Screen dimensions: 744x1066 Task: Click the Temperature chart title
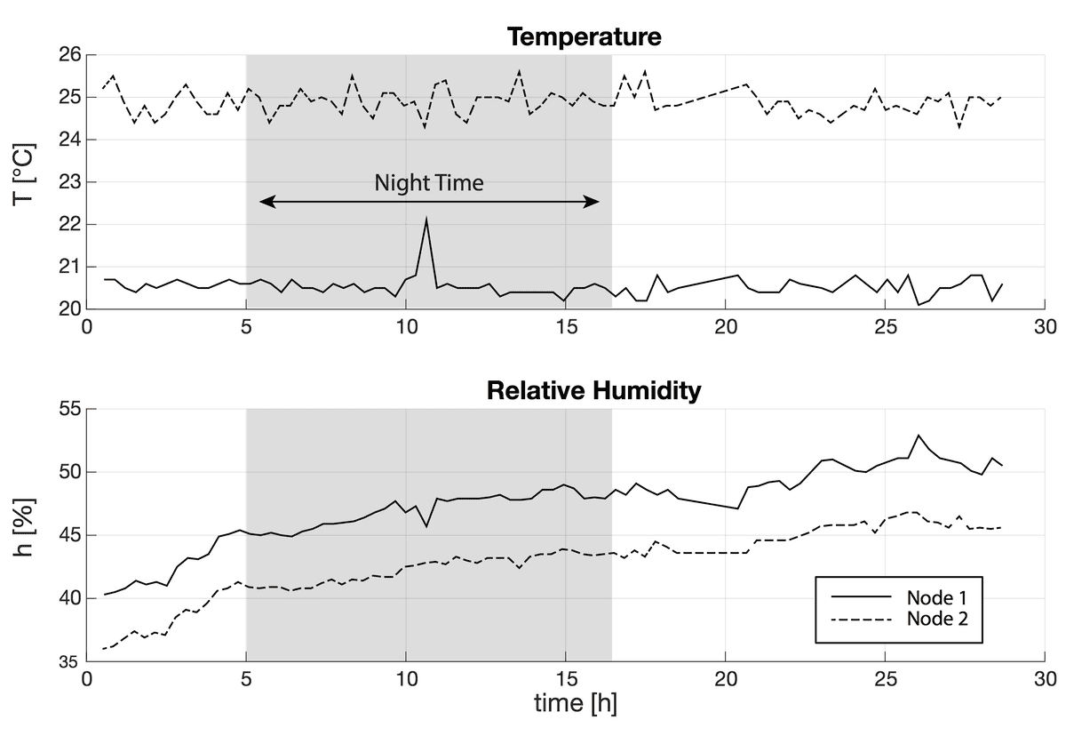click(584, 37)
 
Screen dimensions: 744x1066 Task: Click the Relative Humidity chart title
click(593, 391)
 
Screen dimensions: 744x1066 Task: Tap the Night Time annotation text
click(429, 184)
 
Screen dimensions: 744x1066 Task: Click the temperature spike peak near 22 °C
click(426, 218)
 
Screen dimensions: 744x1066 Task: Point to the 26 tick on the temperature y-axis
click(70, 55)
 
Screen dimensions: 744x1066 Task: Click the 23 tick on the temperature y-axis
click(70, 182)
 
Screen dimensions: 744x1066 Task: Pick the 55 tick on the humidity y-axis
click(70, 409)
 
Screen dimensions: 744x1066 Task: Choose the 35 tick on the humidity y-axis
click(70, 662)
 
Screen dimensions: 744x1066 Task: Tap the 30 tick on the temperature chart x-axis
click(1045, 326)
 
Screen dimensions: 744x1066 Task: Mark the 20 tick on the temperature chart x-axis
click(725, 326)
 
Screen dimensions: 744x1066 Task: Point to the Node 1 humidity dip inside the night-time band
click(426, 526)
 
